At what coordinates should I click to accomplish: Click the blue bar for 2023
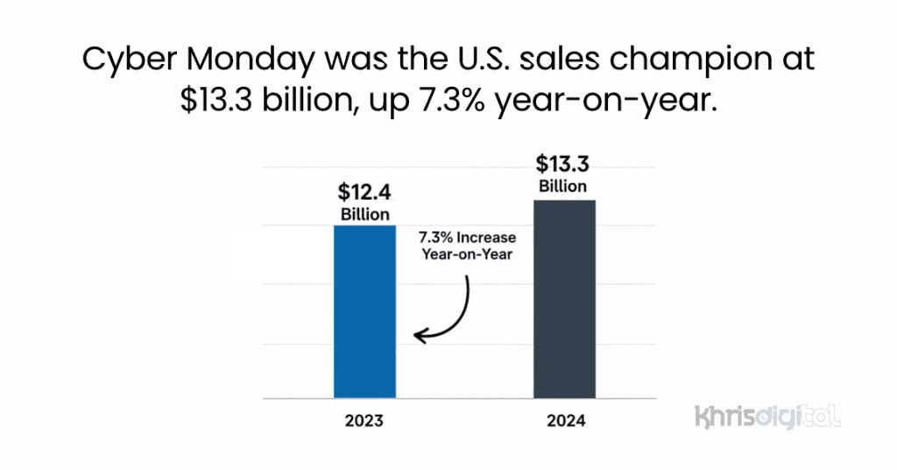point(364,311)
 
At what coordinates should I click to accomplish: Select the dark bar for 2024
point(564,299)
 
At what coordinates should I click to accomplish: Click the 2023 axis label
point(364,421)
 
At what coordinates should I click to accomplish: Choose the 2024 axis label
point(564,421)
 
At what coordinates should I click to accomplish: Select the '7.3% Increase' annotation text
point(467,239)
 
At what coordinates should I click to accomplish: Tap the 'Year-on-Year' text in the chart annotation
point(467,256)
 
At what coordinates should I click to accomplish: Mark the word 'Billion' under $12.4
point(364,215)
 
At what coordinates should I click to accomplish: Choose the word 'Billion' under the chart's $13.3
point(562,187)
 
